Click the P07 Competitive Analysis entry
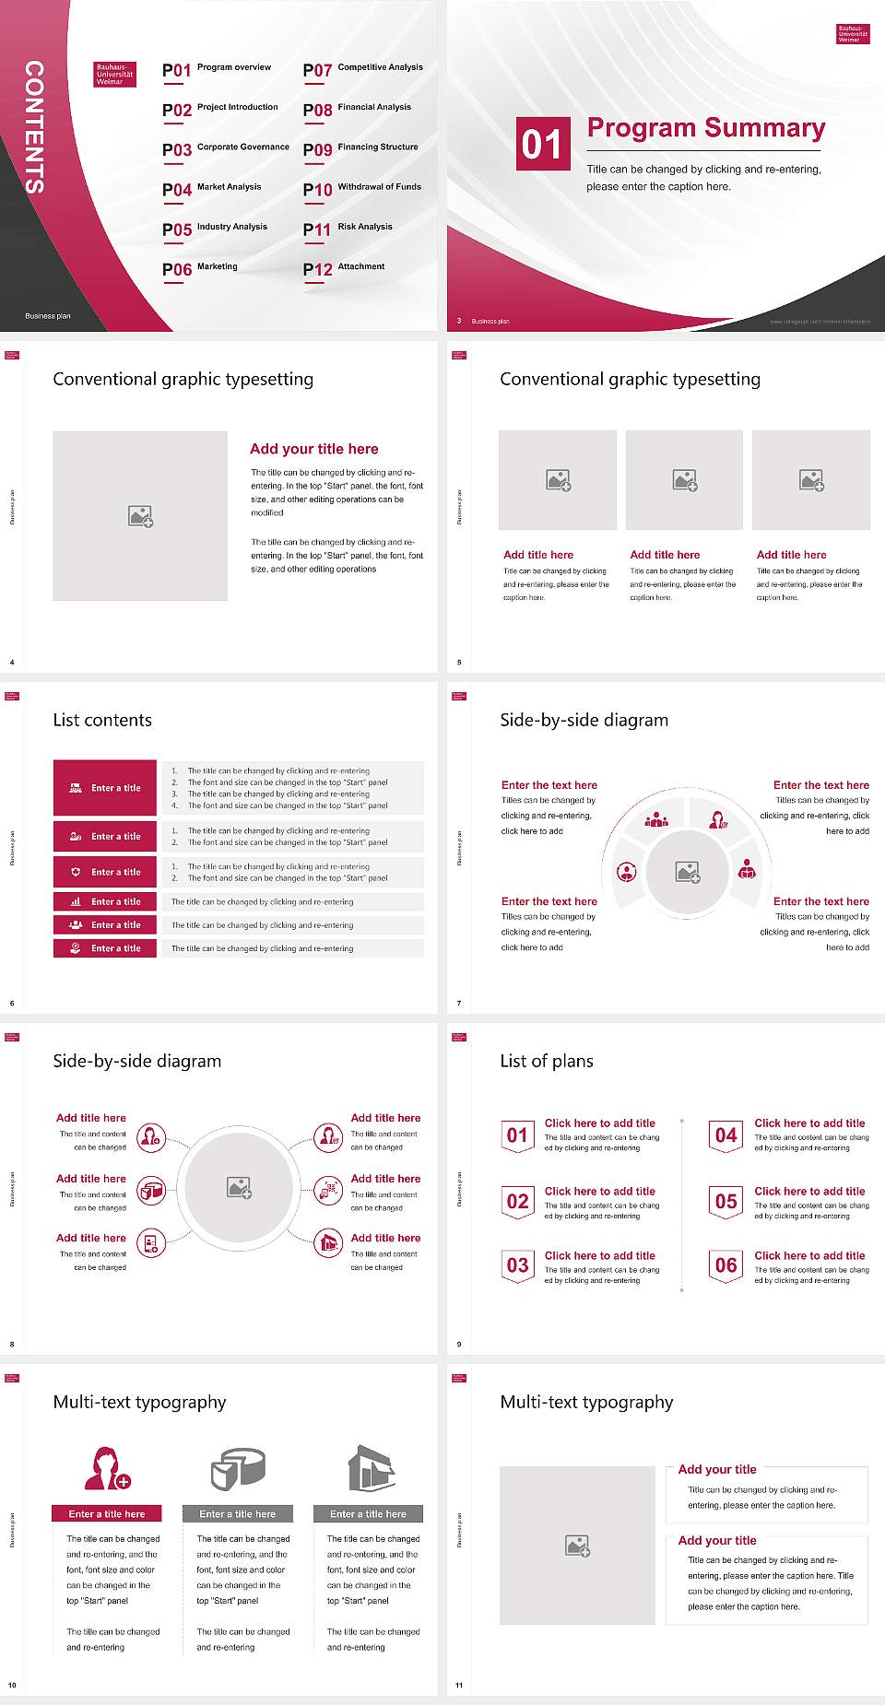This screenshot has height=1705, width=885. coord(362,69)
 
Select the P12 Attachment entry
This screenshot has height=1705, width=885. coord(344,268)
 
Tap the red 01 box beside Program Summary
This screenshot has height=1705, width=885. coord(541,144)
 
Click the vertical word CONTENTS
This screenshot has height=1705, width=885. coord(34,127)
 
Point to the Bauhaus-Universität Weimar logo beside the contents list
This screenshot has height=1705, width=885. coord(115,75)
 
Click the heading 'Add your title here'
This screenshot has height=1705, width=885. coord(313,449)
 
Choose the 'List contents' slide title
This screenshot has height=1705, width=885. coord(102,720)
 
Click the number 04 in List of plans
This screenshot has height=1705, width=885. coord(726,1135)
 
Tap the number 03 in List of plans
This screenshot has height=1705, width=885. coord(518,1265)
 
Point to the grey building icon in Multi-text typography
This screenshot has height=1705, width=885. coord(372,1468)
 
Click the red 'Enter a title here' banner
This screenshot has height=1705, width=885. coord(107,1513)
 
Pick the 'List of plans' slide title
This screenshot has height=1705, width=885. coord(547,1061)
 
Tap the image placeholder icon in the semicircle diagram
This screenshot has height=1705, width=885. coord(688,872)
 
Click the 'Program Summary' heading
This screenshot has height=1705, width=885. coord(706,128)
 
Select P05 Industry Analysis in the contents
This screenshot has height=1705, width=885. coord(215,229)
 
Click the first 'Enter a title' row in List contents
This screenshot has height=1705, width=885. coord(106,788)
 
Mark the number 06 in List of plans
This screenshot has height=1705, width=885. coord(726,1265)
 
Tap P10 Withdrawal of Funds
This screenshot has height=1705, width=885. coord(362,189)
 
